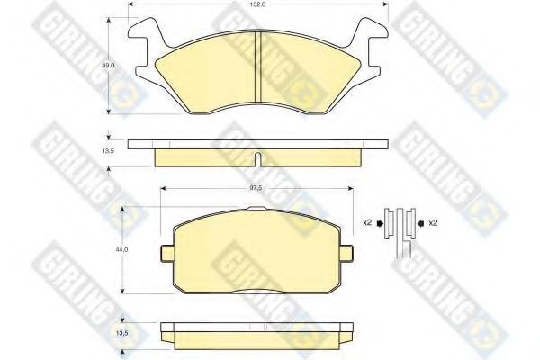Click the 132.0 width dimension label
coord(257,4)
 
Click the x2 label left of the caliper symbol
coord(367,223)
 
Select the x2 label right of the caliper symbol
coord(433,223)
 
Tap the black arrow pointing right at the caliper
coord(380,223)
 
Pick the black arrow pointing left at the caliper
coord(420,223)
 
